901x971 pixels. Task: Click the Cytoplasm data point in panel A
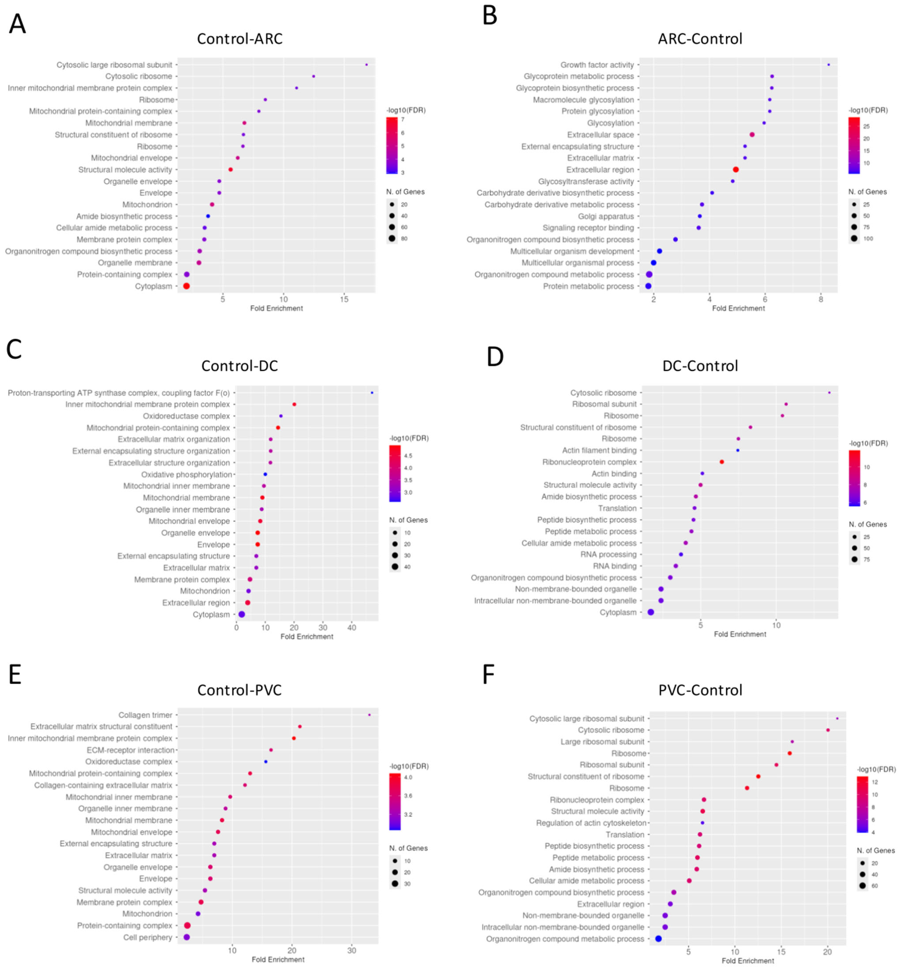coord(186,286)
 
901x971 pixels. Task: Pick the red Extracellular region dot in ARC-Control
coord(736,170)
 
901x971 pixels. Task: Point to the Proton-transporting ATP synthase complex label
coord(118,393)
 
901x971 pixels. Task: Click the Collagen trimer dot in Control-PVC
coord(369,715)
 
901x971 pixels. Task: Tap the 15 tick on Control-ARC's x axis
coord(344,299)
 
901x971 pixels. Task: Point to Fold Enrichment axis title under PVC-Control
coord(747,961)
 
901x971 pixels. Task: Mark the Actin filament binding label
coord(599,450)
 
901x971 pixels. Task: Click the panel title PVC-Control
coord(700,690)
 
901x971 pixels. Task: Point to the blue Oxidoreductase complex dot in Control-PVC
coord(266,761)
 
